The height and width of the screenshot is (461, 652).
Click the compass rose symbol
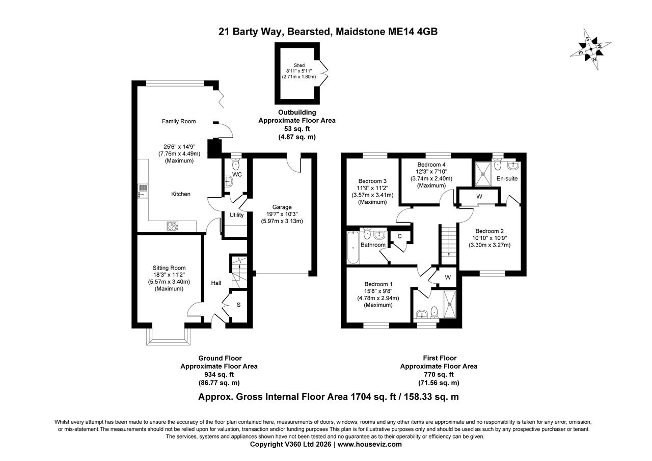(x=590, y=49)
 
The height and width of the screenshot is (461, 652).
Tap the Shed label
(x=298, y=65)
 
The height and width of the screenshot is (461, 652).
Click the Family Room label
(x=179, y=121)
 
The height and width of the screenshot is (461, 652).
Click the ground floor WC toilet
(x=235, y=165)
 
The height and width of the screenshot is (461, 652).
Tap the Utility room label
(x=236, y=215)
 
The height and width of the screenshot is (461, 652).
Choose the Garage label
(x=282, y=207)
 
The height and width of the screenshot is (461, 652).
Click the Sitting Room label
(x=169, y=268)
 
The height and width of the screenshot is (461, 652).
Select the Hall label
(x=216, y=283)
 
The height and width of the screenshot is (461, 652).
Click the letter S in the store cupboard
(x=238, y=305)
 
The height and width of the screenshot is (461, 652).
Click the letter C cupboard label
(x=400, y=236)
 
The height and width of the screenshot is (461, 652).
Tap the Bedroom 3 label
(x=369, y=181)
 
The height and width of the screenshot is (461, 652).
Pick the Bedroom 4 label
(x=431, y=165)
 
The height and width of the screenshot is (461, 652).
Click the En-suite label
(x=507, y=179)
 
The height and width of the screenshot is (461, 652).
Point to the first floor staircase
(x=448, y=243)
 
